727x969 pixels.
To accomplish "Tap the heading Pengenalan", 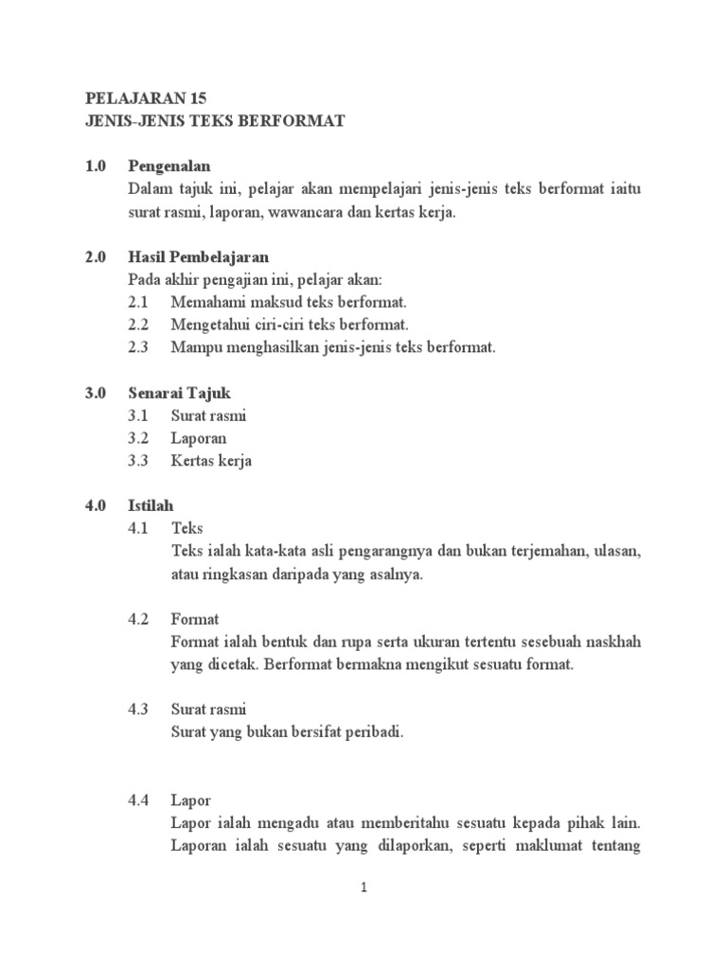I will (169, 166).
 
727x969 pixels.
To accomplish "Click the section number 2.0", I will (96, 256).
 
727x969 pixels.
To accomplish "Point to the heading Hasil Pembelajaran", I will (199, 256).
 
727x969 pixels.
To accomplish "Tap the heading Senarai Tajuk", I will (180, 393).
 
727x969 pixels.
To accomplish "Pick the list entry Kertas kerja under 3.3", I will (212, 461).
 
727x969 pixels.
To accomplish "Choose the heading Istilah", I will (151, 505).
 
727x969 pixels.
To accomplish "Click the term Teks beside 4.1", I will (187, 528).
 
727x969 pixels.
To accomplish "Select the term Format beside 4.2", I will (195, 619).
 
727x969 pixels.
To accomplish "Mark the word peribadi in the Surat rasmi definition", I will (374, 731).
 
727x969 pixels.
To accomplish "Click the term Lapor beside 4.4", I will (190, 800).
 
